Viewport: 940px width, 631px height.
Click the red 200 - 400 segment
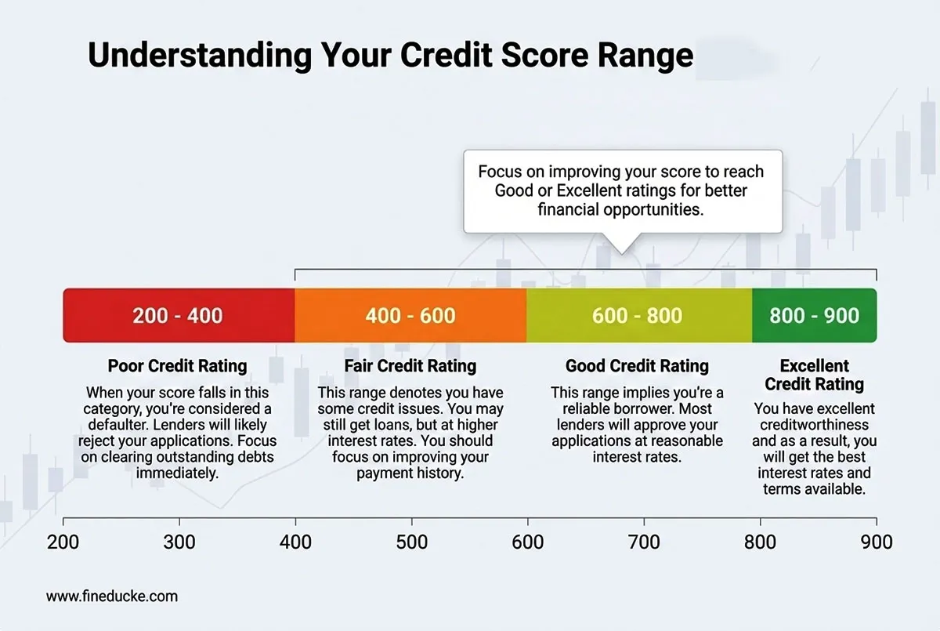tap(178, 316)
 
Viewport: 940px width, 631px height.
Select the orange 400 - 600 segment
tap(410, 316)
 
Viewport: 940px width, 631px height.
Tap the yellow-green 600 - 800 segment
tap(638, 316)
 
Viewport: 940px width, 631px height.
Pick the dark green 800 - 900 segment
tap(814, 316)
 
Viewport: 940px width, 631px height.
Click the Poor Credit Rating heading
tap(177, 366)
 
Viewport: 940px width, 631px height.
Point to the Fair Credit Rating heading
tap(410, 366)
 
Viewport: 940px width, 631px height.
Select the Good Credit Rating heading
tap(637, 366)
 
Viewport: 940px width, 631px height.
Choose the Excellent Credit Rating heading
tap(814, 375)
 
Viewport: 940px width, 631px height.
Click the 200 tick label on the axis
tap(63, 542)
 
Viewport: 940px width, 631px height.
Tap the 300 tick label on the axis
tap(179, 542)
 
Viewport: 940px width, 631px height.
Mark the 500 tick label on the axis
tap(411, 542)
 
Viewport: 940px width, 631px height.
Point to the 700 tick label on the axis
tap(644, 542)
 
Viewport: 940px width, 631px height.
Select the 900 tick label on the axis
tap(876, 542)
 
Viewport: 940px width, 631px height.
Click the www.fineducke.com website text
tap(112, 597)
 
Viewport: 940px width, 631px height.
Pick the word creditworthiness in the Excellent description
tap(814, 426)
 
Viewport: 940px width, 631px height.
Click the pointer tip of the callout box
tap(620, 252)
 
